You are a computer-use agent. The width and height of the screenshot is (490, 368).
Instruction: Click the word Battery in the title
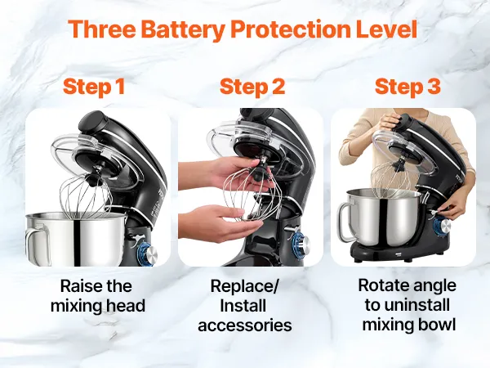pyautogui.click(x=185, y=30)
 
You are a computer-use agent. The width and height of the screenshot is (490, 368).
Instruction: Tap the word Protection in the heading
pyautogui.click(x=291, y=29)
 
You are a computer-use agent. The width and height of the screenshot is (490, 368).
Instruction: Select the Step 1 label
pyautogui.click(x=94, y=87)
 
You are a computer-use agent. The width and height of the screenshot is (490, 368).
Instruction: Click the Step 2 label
pyautogui.click(x=252, y=88)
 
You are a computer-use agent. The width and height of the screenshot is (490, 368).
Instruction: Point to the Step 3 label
pyautogui.click(x=408, y=87)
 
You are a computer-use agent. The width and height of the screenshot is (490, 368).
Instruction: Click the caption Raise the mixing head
pyautogui.click(x=98, y=296)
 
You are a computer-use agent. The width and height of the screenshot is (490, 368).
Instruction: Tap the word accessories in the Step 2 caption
pyautogui.click(x=245, y=325)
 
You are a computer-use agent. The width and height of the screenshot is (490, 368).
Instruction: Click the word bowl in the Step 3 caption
pyautogui.click(x=438, y=324)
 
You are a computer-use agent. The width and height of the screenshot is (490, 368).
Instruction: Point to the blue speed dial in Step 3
pyautogui.click(x=442, y=226)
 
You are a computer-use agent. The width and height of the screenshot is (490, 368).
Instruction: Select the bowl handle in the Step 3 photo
pyautogui.click(x=344, y=222)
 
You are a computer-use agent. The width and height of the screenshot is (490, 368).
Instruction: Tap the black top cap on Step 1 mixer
pyautogui.click(x=92, y=121)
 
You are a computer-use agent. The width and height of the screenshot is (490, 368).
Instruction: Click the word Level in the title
pyautogui.click(x=386, y=29)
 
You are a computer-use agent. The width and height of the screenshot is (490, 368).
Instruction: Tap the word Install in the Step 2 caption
pyautogui.click(x=243, y=306)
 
